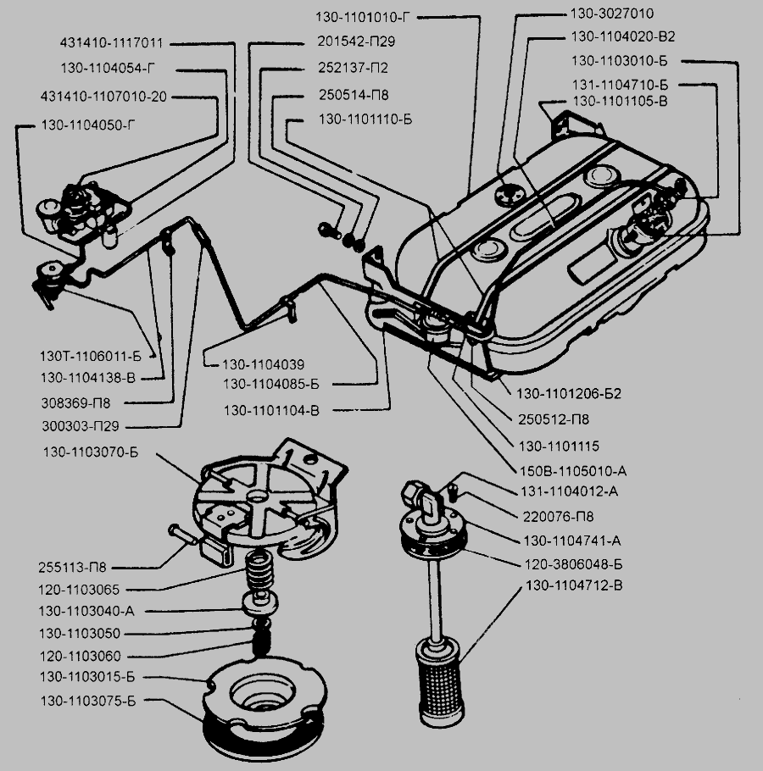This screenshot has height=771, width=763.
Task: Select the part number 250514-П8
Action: point(354,94)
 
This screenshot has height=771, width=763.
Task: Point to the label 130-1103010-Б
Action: point(621,61)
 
